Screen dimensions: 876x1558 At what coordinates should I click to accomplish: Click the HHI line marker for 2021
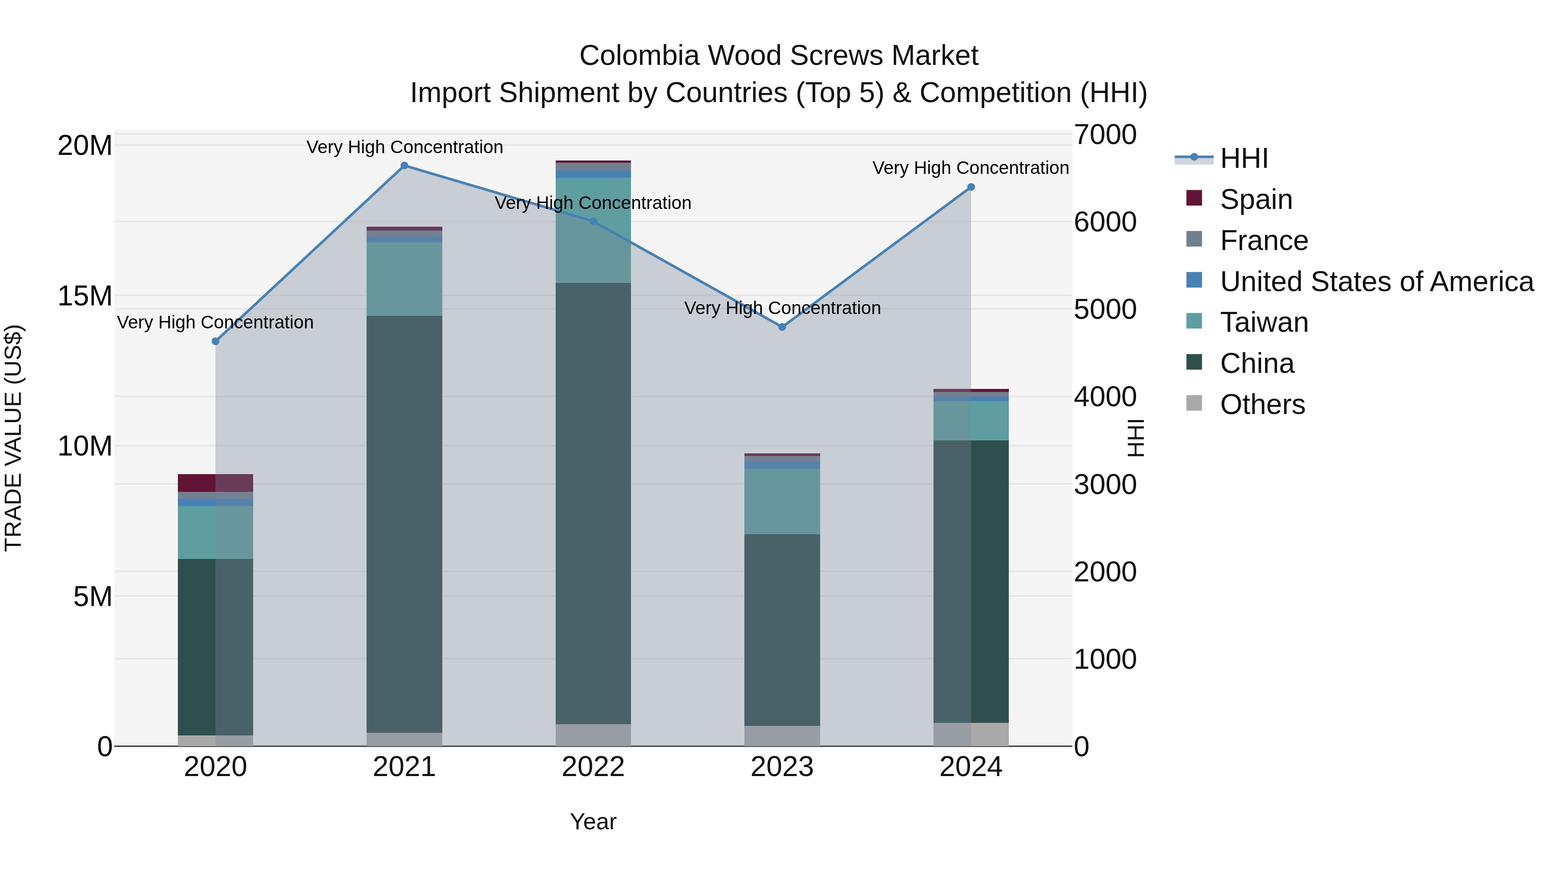click(405, 166)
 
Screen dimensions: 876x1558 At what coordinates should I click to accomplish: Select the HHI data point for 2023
click(782, 327)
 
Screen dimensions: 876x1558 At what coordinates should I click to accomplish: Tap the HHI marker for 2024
click(971, 187)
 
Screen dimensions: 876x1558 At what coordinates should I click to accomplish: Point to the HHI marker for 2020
click(216, 342)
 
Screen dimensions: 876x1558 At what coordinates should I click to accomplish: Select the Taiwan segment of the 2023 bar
click(782, 501)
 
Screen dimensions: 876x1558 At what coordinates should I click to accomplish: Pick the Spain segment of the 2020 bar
click(216, 483)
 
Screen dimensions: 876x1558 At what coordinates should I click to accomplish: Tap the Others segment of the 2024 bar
click(971, 734)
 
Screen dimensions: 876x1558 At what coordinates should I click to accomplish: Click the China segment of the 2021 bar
click(405, 523)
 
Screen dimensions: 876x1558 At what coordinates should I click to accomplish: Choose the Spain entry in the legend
click(1255, 199)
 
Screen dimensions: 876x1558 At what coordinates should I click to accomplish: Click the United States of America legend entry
click(1376, 282)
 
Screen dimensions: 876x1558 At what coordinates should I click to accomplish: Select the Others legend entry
click(1262, 404)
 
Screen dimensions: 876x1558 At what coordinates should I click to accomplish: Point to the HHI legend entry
click(1243, 158)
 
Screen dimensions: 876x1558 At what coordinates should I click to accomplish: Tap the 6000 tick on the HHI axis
click(1105, 222)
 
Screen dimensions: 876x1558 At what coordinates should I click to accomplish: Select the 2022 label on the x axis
click(593, 767)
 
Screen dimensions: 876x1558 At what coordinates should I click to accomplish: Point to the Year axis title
click(593, 821)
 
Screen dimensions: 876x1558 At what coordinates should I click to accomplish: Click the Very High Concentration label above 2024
click(970, 168)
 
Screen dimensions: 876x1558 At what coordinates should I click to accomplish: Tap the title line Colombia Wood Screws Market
click(779, 56)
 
